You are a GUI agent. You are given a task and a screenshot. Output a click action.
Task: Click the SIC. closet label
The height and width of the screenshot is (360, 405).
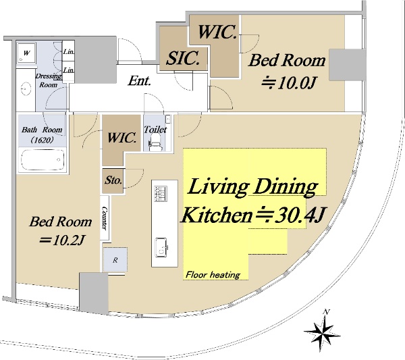183,58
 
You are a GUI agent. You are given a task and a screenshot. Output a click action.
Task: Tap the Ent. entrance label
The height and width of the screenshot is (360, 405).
140,80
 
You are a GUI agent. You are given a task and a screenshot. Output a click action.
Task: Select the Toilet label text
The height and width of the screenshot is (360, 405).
155,129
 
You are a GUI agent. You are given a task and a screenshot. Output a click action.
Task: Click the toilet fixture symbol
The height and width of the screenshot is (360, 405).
155,143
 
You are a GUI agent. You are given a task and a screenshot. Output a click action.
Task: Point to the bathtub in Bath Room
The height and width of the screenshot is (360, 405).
43,159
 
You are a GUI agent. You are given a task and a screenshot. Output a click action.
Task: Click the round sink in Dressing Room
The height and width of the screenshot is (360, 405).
26,88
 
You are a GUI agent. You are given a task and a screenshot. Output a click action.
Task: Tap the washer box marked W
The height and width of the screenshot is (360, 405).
26,53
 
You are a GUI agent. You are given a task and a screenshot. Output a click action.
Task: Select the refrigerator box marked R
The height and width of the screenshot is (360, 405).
115,259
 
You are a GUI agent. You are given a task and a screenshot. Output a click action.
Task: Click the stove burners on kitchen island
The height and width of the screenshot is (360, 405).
161,194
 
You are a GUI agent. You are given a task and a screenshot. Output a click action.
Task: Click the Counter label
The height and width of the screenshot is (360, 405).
105,218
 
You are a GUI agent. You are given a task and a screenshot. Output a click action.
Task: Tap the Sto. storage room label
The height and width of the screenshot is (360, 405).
113,180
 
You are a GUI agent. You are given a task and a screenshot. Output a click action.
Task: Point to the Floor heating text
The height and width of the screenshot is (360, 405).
213,274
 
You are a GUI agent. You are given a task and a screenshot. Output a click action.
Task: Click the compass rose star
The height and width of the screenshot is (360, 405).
323,331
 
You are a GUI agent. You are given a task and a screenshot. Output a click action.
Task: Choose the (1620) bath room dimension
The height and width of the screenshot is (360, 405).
43,140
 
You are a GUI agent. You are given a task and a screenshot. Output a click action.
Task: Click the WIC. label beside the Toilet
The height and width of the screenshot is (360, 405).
122,137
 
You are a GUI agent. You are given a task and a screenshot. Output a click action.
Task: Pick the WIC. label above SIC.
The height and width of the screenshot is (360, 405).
217,32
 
